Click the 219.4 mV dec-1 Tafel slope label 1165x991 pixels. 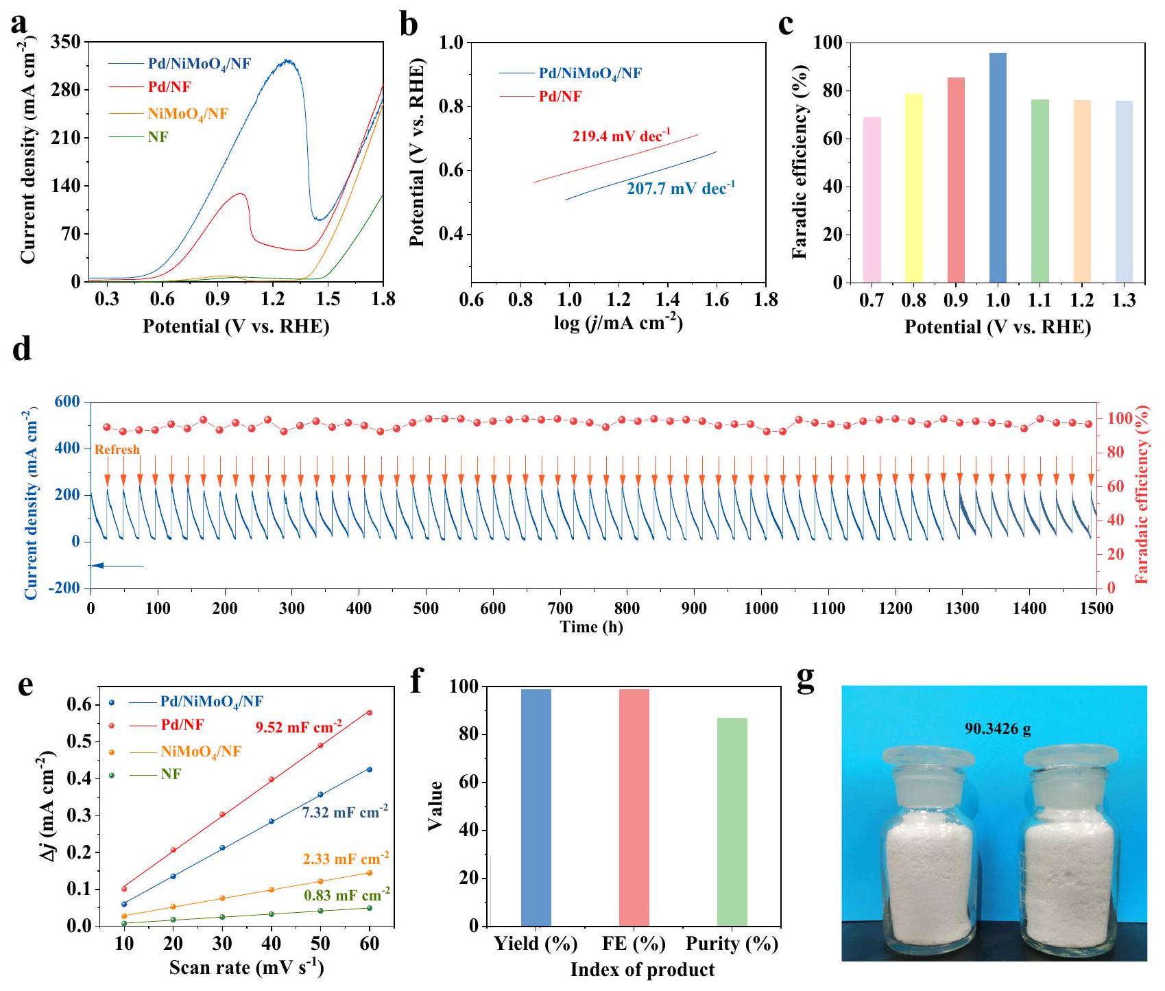click(x=621, y=136)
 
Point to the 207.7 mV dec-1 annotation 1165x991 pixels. click(x=680, y=189)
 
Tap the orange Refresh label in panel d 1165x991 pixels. click(x=117, y=450)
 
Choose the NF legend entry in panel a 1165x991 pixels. click(x=158, y=137)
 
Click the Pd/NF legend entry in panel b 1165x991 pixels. click(x=560, y=97)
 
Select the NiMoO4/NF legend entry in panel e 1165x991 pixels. click(x=201, y=752)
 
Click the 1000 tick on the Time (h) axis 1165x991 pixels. click(x=761, y=608)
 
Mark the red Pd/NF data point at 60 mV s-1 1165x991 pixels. click(x=370, y=713)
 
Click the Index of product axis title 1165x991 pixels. click(x=642, y=970)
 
